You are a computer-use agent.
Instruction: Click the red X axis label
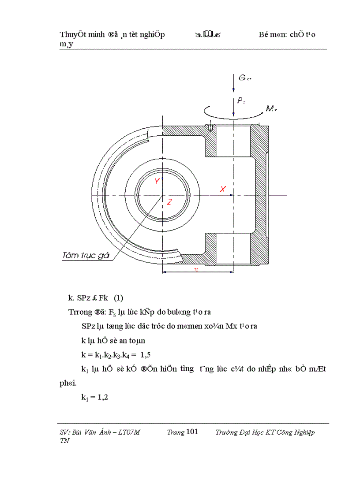coord(223,189)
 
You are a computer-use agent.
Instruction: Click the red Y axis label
coord(157,181)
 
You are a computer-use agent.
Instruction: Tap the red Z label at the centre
coord(169,202)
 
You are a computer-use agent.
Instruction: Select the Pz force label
coord(241,101)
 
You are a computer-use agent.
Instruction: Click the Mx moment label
coord(270,108)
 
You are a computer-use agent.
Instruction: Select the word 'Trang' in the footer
coord(176,432)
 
